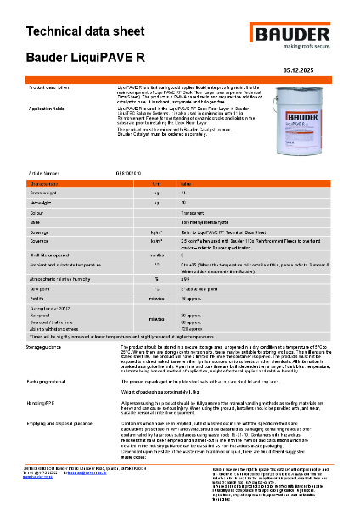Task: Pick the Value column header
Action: [188, 183]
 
